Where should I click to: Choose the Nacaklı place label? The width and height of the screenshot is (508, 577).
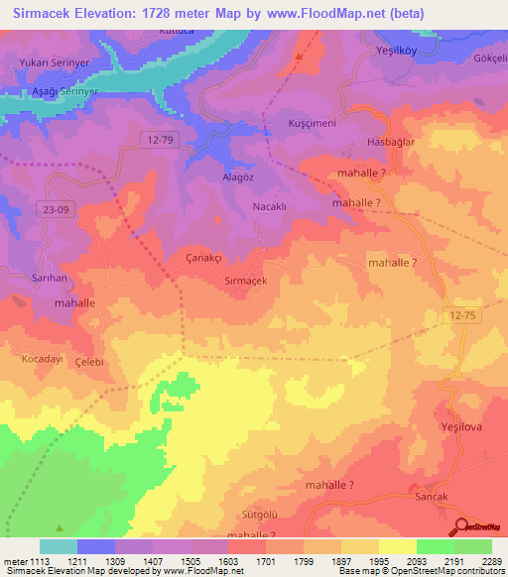[x=270, y=207]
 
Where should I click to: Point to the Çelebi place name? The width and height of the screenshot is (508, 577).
[x=90, y=363]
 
